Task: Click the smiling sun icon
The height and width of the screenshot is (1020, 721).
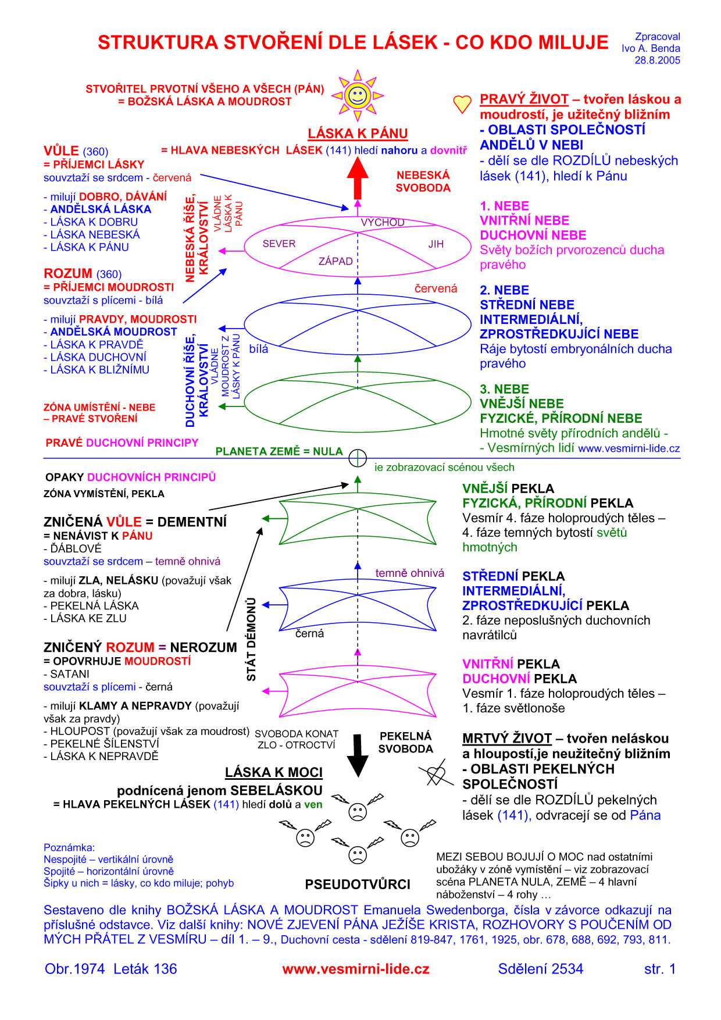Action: click(357, 95)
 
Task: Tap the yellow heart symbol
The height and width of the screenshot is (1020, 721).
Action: click(462, 104)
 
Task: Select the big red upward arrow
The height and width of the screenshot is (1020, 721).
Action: click(358, 177)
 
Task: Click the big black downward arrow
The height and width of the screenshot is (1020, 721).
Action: click(358, 755)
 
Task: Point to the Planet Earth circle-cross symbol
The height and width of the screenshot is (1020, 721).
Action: click(358, 458)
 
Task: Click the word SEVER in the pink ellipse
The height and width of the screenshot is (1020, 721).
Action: click(279, 244)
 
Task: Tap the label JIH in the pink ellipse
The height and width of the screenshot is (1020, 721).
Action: click(436, 244)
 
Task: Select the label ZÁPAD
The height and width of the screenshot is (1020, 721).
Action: click(335, 261)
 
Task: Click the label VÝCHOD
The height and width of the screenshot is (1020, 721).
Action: click(382, 222)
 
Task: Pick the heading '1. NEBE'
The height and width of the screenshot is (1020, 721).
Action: click(504, 206)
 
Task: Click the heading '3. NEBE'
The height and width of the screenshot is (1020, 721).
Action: click(504, 389)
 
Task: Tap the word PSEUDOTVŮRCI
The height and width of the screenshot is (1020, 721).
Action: click(358, 885)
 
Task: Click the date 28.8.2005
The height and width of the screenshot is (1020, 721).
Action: click(657, 60)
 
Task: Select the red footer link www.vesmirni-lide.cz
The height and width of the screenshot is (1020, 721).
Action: click(356, 969)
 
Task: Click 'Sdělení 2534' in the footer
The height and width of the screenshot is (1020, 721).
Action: click(540, 969)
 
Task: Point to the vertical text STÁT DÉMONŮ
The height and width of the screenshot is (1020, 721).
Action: click(251, 639)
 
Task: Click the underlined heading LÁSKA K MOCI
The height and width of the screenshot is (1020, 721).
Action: click(273, 772)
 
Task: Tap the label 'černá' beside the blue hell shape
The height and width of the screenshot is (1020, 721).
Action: click(309, 633)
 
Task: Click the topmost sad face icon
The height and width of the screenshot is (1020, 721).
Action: click(358, 812)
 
